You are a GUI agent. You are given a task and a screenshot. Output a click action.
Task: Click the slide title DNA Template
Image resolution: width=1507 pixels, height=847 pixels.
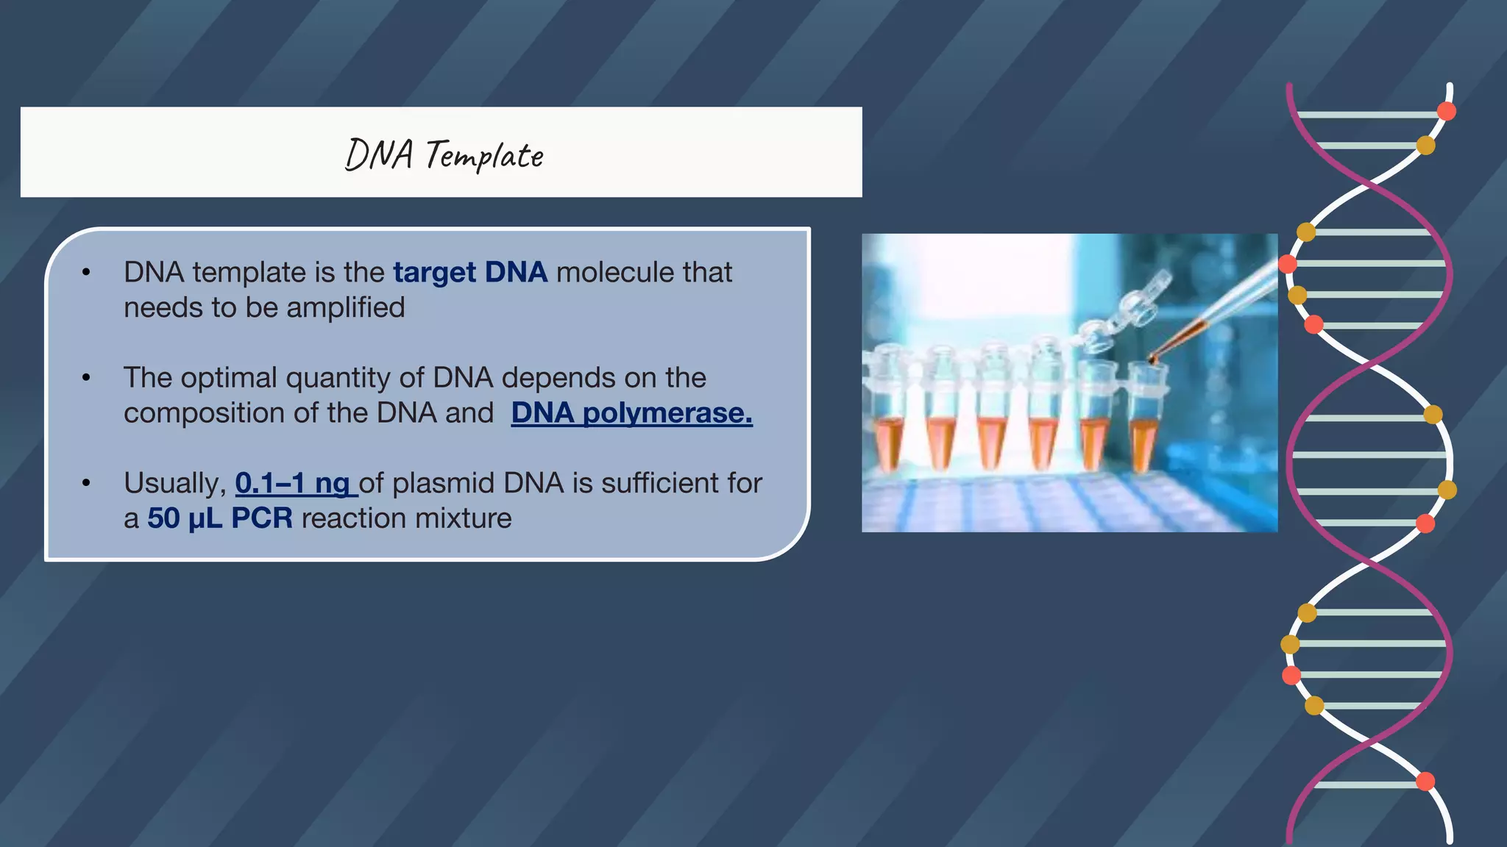444,155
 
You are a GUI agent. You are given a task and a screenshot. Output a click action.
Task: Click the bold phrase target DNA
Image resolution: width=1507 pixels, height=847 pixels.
469,273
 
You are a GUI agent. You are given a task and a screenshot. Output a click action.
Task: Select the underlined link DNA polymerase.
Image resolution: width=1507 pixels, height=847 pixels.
631,413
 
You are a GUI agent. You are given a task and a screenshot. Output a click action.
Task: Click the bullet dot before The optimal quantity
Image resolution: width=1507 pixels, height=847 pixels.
87,379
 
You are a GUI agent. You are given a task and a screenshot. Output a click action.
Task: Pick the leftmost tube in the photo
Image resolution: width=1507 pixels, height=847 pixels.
888,419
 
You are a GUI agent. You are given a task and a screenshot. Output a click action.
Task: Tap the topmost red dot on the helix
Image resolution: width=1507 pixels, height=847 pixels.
1446,112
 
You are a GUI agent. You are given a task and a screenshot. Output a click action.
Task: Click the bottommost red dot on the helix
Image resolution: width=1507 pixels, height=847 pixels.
1425,782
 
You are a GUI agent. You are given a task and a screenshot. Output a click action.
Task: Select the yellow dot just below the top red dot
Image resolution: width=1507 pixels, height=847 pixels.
1425,146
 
